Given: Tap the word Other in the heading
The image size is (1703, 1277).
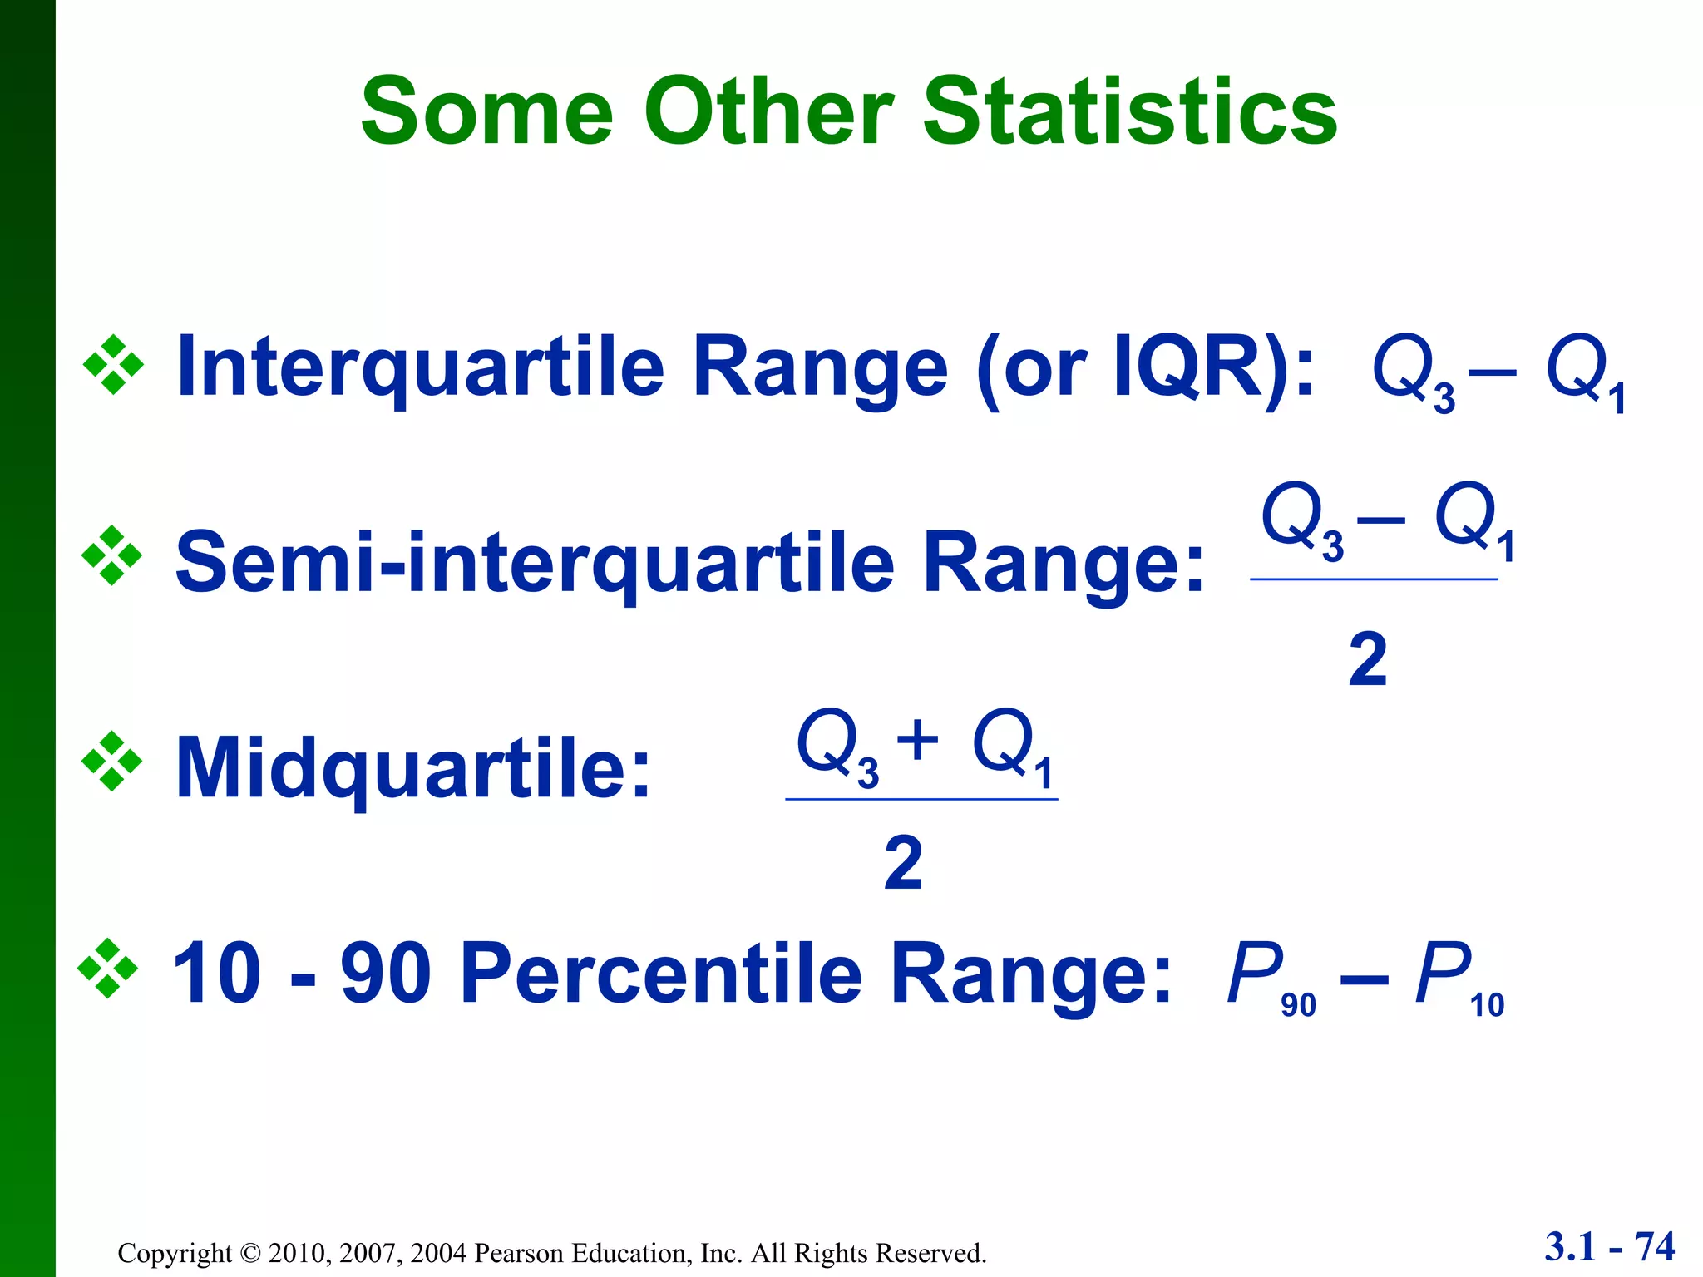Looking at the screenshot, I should (x=768, y=112).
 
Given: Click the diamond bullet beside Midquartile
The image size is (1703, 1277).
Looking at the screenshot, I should (x=112, y=761).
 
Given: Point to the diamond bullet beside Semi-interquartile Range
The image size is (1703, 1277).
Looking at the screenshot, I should (x=112, y=555).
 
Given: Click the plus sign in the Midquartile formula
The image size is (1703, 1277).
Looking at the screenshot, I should (x=918, y=739).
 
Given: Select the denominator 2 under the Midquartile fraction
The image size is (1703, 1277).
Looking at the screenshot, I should (x=903, y=863).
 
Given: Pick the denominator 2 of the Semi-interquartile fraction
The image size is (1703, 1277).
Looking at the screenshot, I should (x=1368, y=659).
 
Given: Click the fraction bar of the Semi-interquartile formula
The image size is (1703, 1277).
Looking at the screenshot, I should (x=1374, y=579).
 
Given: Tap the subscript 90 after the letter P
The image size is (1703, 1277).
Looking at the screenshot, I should (x=1298, y=1005).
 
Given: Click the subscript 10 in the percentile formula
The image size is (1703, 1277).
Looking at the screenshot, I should (x=1487, y=1005).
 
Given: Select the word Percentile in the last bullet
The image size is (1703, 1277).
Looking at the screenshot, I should (x=661, y=973).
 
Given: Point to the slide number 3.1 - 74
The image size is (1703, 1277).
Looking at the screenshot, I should (x=1609, y=1246).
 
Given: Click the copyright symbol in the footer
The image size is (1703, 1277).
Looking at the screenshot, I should (x=250, y=1253).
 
